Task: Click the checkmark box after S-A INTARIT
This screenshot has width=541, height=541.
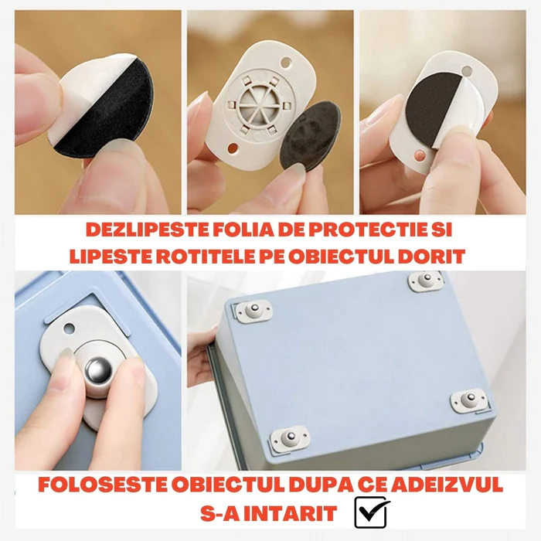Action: point(372,512)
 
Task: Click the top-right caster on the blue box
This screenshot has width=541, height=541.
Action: point(425,282)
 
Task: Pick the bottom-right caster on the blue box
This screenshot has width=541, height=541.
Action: point(469,401)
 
